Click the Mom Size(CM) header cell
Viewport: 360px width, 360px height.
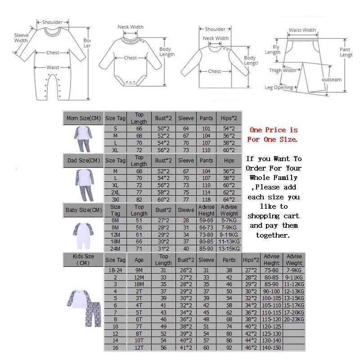(x=83, y=118)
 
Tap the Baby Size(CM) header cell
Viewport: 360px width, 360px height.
(x=83, y=210)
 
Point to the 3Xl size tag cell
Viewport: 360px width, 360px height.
(x=115, y=199)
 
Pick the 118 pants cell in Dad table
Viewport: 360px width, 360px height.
(x=206, y=199)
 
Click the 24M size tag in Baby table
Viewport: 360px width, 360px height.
(x=115, y=248)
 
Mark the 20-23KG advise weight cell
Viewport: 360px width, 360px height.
(x=294, y=319)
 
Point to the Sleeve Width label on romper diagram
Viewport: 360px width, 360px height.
(x=21, y=38)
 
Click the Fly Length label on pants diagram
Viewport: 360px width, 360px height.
(x=273, y=49)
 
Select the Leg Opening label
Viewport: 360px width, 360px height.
(x=279, y=88)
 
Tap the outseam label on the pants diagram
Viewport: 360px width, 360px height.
(x=331, y=80)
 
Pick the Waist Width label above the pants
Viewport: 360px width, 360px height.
(x=302, y=30)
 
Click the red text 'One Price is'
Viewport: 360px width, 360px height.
(x=274, y=130)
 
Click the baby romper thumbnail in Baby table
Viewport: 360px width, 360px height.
(x=83, y=235)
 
